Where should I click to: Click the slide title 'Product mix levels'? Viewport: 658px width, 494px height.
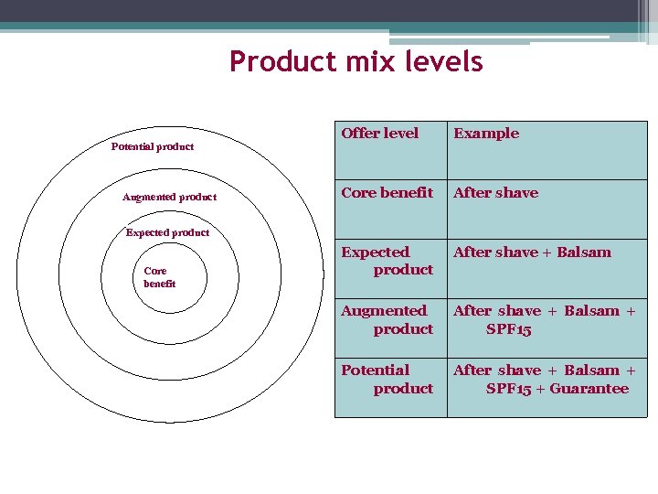click(x=356, y=61)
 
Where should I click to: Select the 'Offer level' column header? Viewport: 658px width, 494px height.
click(x=379, y=134)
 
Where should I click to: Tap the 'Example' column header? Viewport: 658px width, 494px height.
click(x=486, y=134)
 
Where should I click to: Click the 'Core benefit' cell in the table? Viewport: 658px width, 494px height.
click(x=387, y=193)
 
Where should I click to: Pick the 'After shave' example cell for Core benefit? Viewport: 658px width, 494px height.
click(x=495, y=193)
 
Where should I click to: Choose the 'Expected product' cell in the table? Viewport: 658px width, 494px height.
click(x=387, y=261)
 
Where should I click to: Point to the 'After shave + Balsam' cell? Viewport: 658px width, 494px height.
click(x=532, y=252)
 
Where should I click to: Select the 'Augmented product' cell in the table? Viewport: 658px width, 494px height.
click(x=387, y=320)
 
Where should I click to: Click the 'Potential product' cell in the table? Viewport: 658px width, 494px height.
click(x=387, y=380)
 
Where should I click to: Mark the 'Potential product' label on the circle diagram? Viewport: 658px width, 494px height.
click(x=153, y=146)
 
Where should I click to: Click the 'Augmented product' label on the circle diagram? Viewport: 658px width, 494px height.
click(x=169, y=198)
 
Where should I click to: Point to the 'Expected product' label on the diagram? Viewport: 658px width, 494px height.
click(x=167, y=232)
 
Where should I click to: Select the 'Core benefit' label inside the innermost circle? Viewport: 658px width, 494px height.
click(x=159, y=277)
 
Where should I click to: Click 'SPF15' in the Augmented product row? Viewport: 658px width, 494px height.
click(x=508, y=329)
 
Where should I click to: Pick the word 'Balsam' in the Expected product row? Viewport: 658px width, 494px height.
click(x=582, y=252)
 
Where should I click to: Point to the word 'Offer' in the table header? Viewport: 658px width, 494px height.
click(x=359, y=134)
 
